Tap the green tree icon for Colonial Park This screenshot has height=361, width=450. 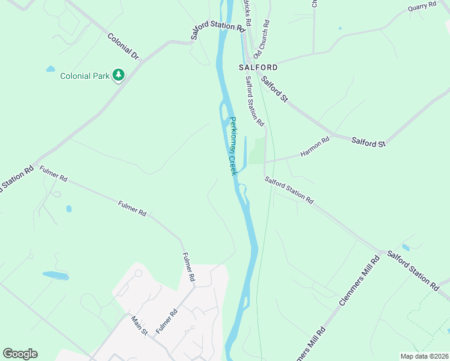tap(119, 75)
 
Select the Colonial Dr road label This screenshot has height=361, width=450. tap(123, 46)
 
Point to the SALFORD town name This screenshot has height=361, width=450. tap(258, 67)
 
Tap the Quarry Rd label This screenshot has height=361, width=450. tap(421, 6)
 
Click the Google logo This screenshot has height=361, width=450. tap(20, 354)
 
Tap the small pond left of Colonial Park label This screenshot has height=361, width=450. tap(51, 69)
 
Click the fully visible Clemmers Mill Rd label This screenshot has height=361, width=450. tap(359, 280)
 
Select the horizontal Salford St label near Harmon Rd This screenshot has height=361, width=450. tap(368, 143)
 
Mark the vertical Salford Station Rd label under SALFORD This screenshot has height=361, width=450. tap(254, 100)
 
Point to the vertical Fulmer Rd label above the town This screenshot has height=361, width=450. tap(188, 267)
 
